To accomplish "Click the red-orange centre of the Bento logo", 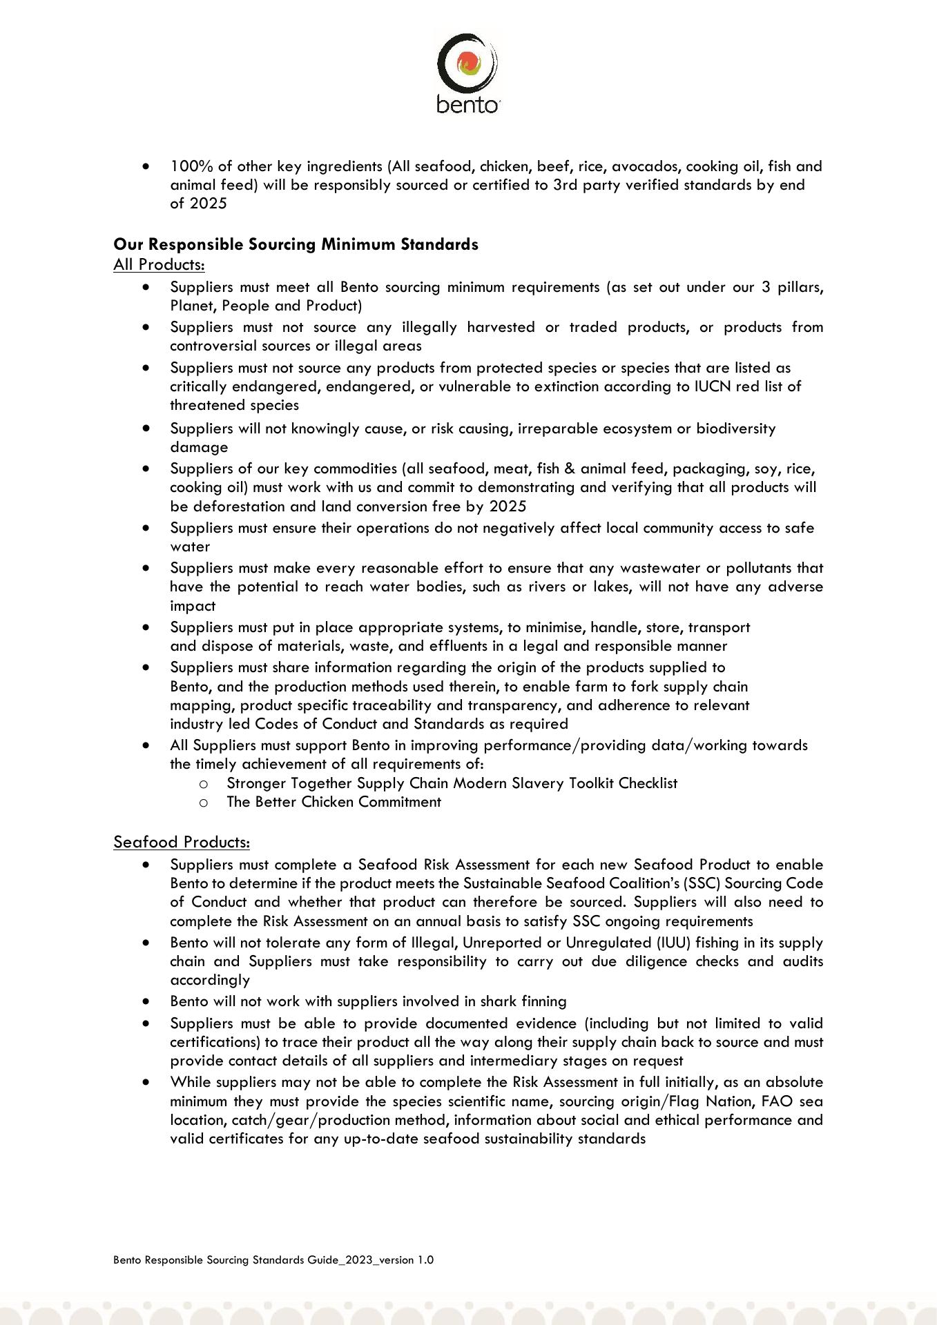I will [x=467, y=63].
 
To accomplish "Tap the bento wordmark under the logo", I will [x=467, y=104].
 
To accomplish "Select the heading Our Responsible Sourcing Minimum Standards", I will [x=296, y=244].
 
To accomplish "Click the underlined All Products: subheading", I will [x=159, y=264].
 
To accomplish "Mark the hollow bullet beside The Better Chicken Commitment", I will [x=204, y=803].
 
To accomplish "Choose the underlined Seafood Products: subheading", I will [x=182, y=842].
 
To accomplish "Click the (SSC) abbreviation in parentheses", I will [x=699, y=883].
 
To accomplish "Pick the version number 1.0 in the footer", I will [x=425, y=1260].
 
